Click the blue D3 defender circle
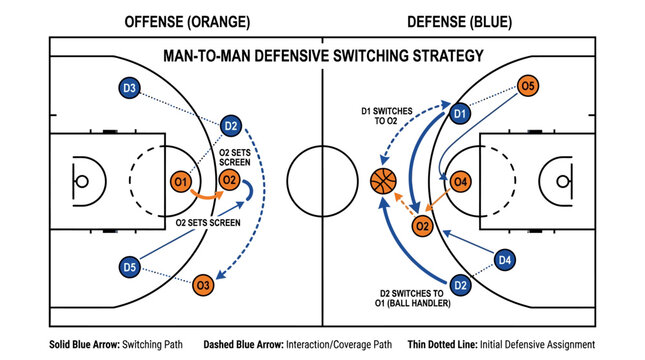coord(129,89)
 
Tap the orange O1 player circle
coord(180,182)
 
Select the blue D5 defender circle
coord(129,267)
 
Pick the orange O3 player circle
coord(203,286)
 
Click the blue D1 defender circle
coord(460,115)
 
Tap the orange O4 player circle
coord(460,182)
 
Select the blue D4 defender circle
coord(505,261)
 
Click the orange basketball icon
coord(384,181)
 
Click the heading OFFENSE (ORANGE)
coord(187,21)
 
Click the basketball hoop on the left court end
coord(82,182)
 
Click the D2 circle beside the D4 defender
coord(460,287)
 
